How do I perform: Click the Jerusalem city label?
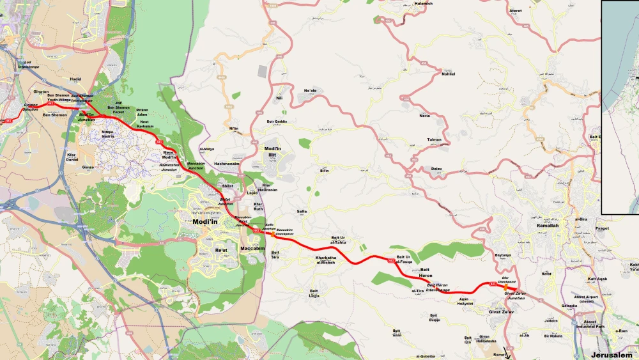(x=612, y=354)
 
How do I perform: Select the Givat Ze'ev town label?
(x=502, y=312)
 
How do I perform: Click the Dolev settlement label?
(x=437, y=169)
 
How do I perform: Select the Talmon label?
(x=434, y=139)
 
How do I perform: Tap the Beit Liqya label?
(x=314, y=293)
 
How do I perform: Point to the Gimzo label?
(x=88, y=167)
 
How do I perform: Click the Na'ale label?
(x=310, y=91)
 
